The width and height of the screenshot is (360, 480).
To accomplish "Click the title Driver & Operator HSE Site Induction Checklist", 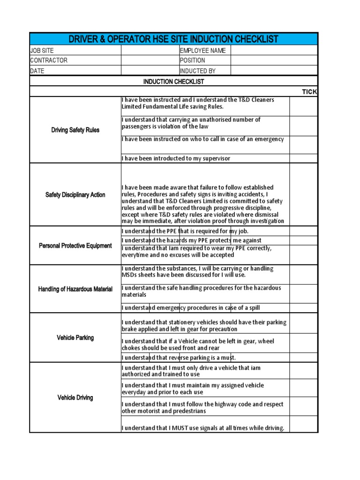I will (x=173, y=39).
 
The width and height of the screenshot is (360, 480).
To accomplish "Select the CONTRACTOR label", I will (x=49, y=60).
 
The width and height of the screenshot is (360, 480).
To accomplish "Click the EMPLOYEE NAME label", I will (x=202, y=51).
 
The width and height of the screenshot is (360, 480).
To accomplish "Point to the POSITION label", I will (x=193, y=60).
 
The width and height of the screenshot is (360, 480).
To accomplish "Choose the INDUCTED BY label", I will (x=198, y=71).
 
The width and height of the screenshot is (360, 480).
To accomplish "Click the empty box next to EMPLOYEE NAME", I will (x=274, y=51).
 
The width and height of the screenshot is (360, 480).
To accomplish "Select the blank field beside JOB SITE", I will (x=150, y=51).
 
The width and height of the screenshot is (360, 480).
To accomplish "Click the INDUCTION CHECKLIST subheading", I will (x=173, y=82).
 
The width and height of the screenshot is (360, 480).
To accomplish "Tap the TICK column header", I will (x=309, y=92).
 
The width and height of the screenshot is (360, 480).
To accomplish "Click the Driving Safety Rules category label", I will (x=75, y=130).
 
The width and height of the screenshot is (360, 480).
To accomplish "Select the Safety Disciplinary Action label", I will (x=75, y=195).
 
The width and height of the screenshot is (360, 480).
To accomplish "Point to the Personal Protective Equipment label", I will (x=75, y=246).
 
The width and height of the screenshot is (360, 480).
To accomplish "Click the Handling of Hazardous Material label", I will (x=75, y=289).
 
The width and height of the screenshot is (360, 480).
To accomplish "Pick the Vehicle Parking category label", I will (x=75, y=337).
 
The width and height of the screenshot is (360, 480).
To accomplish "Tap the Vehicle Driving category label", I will (x=75, y=397).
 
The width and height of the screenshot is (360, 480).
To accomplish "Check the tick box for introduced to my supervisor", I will (x=303, y=158).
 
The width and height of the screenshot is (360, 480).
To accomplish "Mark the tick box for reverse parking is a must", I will (x=303, y=358).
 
